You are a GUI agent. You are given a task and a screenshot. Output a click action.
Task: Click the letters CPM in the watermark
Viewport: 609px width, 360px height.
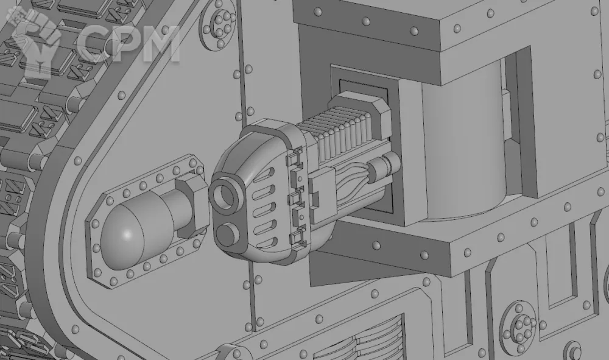tap(128, 43)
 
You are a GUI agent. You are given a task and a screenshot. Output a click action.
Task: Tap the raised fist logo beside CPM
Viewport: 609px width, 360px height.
tap(37, 40)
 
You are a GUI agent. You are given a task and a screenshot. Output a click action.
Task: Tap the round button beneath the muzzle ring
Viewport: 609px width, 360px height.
tap(227, 235)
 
